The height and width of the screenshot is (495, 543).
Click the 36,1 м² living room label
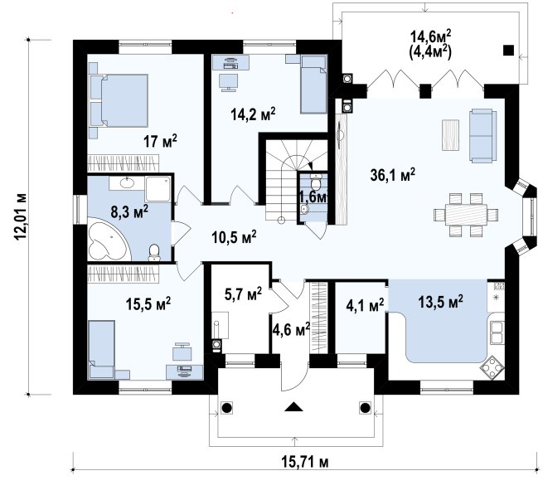point(393,175)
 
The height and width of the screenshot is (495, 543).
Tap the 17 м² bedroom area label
point(160,141)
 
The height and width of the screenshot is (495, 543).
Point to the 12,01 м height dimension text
point(20,216)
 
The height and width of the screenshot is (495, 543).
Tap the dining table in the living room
point(466,215)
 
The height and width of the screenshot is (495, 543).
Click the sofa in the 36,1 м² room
point(482,135)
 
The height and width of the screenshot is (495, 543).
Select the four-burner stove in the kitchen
point(491,367)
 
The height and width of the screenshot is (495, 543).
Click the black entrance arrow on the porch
point(293,406)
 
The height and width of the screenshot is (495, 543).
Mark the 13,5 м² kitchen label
point(440,302)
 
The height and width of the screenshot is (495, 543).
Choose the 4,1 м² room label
point(365,305)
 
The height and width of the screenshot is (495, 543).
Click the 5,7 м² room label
point(243,294)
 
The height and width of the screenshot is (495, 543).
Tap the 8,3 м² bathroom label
point(129,211)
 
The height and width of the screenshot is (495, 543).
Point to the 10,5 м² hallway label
point(234,237)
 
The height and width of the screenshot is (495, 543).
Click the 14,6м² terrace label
point(430,36)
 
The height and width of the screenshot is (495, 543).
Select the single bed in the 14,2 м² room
point(313,85)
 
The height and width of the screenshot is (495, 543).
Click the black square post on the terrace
point(508,51)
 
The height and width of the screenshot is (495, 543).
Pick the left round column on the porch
point(226,408)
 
